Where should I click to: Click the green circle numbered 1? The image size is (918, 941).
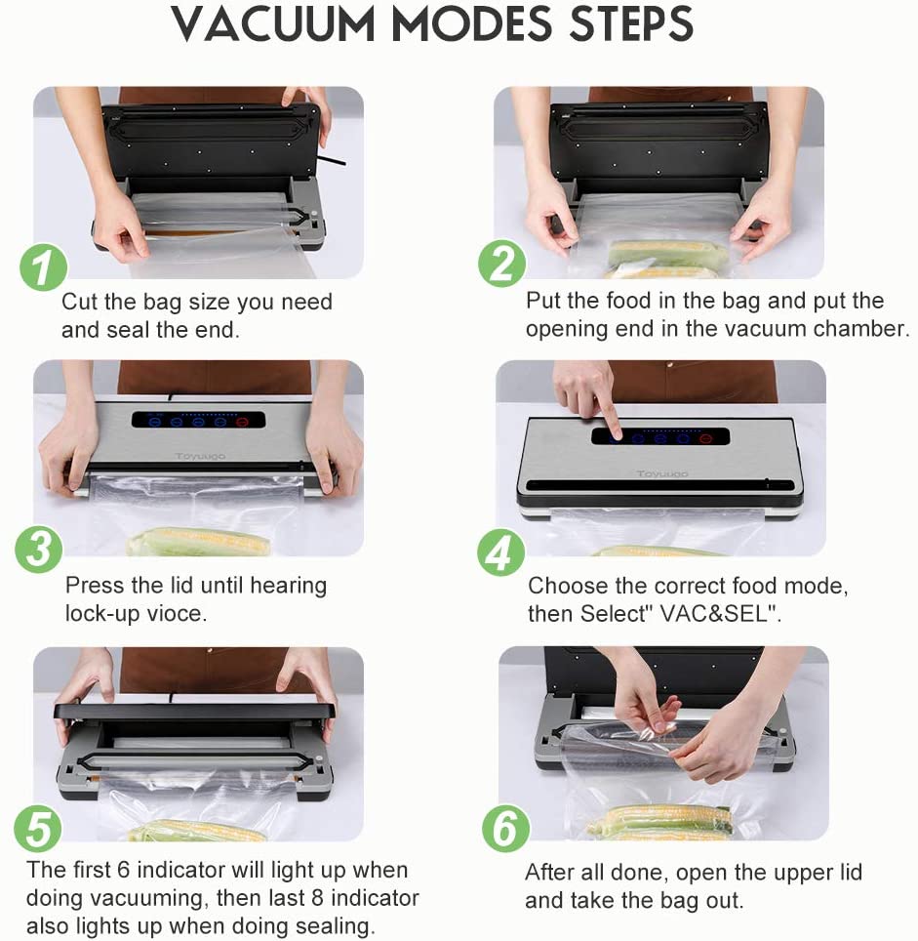43,267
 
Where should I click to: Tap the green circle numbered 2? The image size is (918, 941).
501,264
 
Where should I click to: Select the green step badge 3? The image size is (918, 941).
39,550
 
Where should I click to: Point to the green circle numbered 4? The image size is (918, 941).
500,552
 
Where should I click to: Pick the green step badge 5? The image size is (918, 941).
38,828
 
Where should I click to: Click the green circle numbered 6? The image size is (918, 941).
505,829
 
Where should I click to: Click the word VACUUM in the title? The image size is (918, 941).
273,24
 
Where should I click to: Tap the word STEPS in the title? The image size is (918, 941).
631,24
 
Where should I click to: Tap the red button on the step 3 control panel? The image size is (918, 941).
242,422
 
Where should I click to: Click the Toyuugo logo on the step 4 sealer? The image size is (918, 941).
662,474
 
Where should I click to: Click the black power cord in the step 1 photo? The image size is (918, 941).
331,161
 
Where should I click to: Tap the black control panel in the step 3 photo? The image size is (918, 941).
198,420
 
